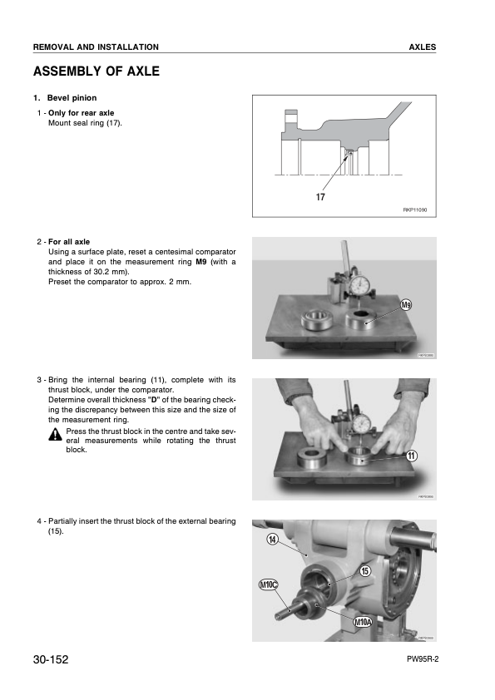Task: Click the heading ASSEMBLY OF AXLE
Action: [96, 72]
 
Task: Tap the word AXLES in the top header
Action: [423, 47]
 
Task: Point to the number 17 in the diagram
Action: [320, 198]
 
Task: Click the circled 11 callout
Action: [412, 456]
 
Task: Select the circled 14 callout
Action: [273, 540]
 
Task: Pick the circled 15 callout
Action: [364, 569]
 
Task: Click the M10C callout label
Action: [270, 585]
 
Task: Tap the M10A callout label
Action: [362, 622]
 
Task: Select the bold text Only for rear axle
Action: [82, 112]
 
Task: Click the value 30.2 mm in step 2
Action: [104, 272]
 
